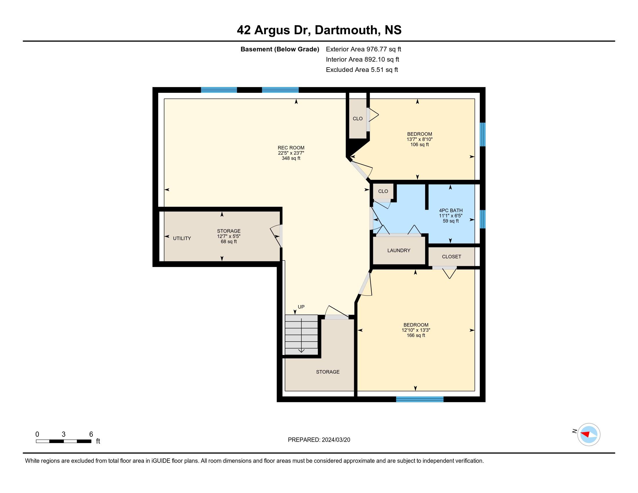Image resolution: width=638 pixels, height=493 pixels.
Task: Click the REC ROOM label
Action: coord(291,148)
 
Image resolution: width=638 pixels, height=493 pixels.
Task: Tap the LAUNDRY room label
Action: coord(399,250)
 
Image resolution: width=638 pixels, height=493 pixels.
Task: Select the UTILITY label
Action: coord(182,238)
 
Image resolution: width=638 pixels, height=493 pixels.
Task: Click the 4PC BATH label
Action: coord(451,210)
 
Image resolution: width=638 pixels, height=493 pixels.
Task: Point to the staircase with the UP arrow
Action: coord(301,335)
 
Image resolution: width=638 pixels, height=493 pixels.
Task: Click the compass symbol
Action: coord(589,435)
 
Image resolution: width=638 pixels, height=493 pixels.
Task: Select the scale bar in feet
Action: coord(64,441)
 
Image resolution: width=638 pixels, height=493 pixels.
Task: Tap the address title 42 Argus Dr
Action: coord(273,30)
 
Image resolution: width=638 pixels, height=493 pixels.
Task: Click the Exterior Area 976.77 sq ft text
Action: coord(363,49)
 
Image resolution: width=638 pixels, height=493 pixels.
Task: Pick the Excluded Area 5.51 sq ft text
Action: coord(362,70)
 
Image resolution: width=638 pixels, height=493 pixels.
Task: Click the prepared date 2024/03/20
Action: coord(336,440)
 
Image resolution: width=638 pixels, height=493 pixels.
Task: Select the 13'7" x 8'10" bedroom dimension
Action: coord(420,139)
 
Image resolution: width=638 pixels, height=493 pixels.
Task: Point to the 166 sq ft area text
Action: coord(416,335)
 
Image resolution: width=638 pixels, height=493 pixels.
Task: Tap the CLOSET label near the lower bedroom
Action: coord(451,257)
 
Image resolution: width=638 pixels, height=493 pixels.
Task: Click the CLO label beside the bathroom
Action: coord(383,191)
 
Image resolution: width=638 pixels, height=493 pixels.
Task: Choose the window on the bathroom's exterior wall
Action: coord(483,219)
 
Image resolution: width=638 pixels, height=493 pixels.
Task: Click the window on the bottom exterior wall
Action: coord(420,399)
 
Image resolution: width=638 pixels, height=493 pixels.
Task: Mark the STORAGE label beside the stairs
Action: coord(328,372)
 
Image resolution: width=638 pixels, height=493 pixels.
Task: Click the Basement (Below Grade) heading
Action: coord(280,49)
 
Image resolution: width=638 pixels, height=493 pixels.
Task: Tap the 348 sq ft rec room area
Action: coord(291,158)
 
